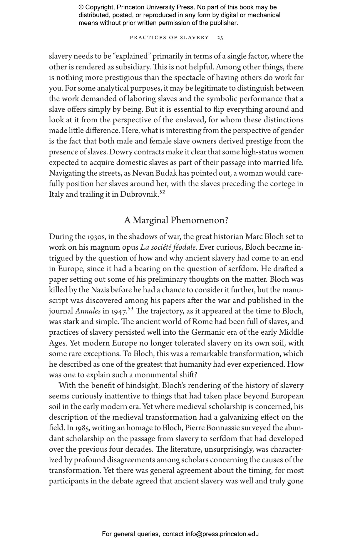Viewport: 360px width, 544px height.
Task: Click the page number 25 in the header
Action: [x=220, y=38]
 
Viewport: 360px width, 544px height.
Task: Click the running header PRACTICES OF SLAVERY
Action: [x=169, y=38]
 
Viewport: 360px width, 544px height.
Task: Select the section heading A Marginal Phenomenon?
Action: [x=176, y=220]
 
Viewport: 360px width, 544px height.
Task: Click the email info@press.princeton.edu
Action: [x=222, y=534]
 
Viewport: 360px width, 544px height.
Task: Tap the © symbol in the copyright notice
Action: [x=81, y=7]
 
